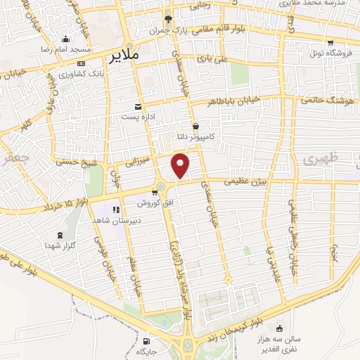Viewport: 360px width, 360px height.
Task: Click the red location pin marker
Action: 181,165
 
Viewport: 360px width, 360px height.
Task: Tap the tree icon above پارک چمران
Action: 167,19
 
